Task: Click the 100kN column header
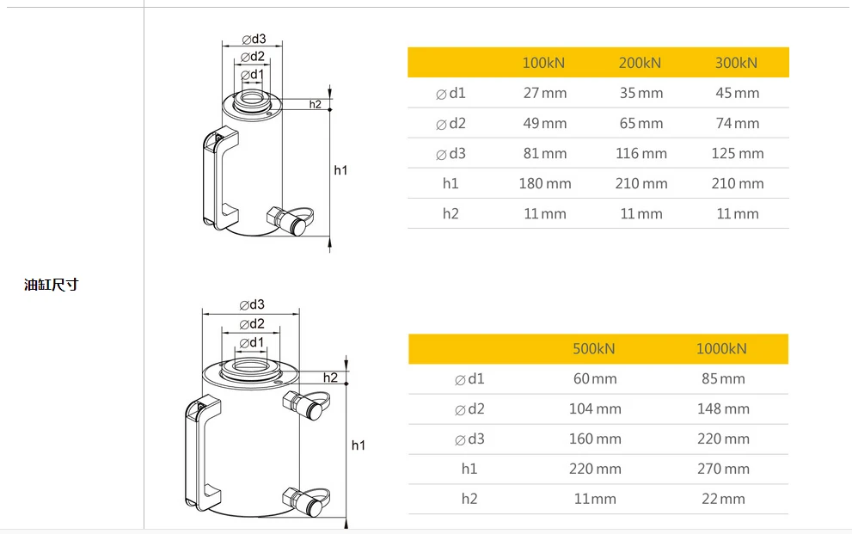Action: [544, 63]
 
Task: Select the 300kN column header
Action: [737, 63]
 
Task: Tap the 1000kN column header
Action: [722, 348]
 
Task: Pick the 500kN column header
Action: [594, 348]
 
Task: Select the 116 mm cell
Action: [641, 153]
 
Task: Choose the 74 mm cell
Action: [738, 123]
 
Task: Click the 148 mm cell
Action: [723, 408]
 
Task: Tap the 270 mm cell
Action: [723, 469]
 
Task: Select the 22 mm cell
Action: [723, 499]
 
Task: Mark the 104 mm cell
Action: [595, 408]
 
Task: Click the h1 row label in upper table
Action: [451, 183]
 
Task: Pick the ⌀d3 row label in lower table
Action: [469, 439]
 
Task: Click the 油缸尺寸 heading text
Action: [51, 285]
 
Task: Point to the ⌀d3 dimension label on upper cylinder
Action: [254, 39]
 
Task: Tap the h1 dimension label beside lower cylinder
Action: [359, 445]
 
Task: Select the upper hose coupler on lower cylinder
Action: [304, 404]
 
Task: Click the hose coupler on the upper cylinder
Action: [289, 221]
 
